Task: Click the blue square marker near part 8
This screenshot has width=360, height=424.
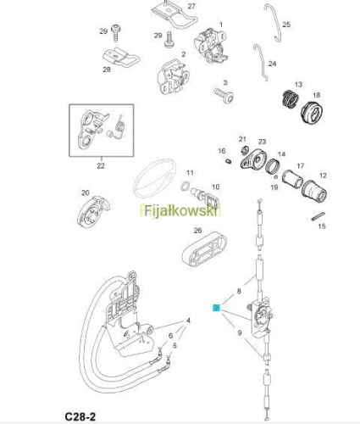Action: click(x=217, y=308)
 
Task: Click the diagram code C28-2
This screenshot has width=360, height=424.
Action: click(x=80, y=416)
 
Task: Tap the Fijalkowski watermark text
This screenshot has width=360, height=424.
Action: click(x=180, y=210)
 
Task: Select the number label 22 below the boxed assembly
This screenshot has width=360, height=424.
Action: click(x=101, y=166)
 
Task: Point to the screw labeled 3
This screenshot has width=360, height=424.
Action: click(x=224, y=95)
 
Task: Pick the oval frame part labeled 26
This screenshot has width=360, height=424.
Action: click(x=205, y=249)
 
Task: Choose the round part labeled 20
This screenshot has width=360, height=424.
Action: click(x=93, y=211)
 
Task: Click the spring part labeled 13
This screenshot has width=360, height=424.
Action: click(x=291, y=99)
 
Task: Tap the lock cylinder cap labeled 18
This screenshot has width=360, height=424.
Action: click(x=312, y=111)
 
